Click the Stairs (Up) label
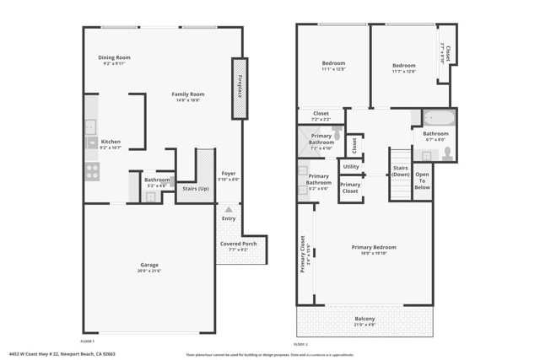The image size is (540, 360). (196, 189)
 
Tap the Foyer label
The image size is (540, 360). (228, 175)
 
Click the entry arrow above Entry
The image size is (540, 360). (228, 209)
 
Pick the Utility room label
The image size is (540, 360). (351, 166)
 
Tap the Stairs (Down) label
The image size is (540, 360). (400, 170)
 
